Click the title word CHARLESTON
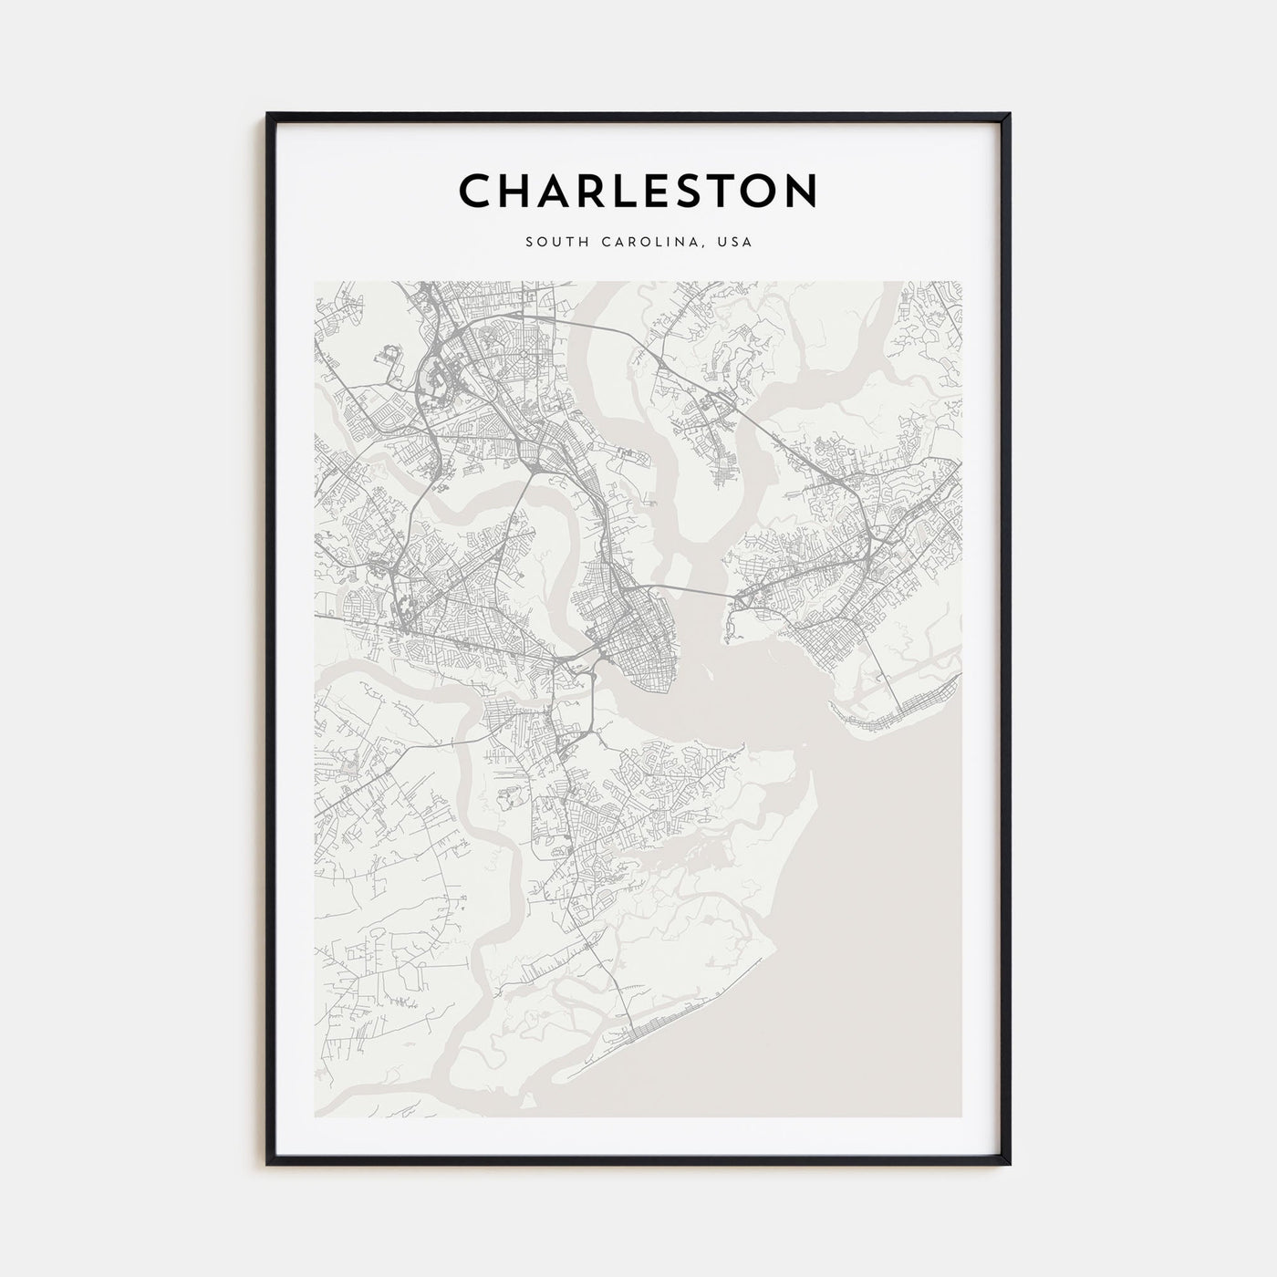tap(638, 191)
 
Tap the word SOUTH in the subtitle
tap(553, 243)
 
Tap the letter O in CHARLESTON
tap(753, 191)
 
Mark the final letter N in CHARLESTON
tap(800, 191)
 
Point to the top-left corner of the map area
tap(315, 282)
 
